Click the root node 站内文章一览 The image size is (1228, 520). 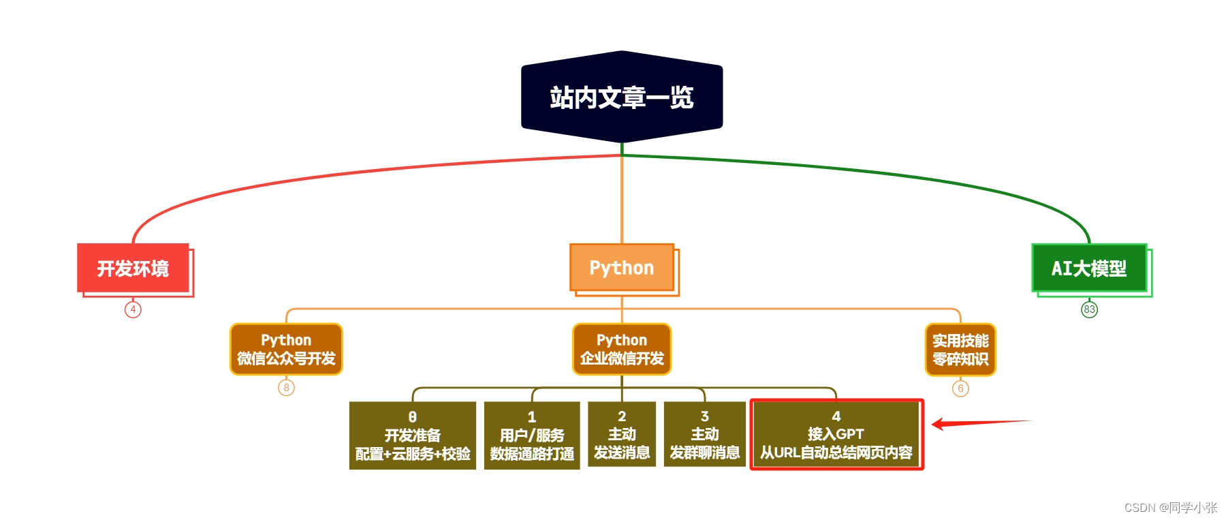click(x=621, y=97)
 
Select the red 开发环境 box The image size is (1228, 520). click(x=133, y=268)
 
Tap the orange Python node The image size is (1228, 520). click(x=621, y=268)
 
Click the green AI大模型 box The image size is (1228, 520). click(x=1088, y=268)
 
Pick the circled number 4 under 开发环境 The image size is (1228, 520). click(x=133, y=309)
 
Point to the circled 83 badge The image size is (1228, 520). click(x=1089, y=309)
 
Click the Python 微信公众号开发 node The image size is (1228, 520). click(x=286, y=349)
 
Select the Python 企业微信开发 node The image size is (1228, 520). click(x=621, y=349)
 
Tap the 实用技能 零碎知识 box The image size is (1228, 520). click(x=960, y=349)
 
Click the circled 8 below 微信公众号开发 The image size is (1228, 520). click(x=286, y=388)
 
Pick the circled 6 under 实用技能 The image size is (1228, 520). click(x=960, y=388)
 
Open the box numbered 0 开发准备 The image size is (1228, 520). click(x=412, y=435)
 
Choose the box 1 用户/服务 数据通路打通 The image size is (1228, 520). click(x=531, y=435)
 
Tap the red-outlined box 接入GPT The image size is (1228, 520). click(x=836, y=434)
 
